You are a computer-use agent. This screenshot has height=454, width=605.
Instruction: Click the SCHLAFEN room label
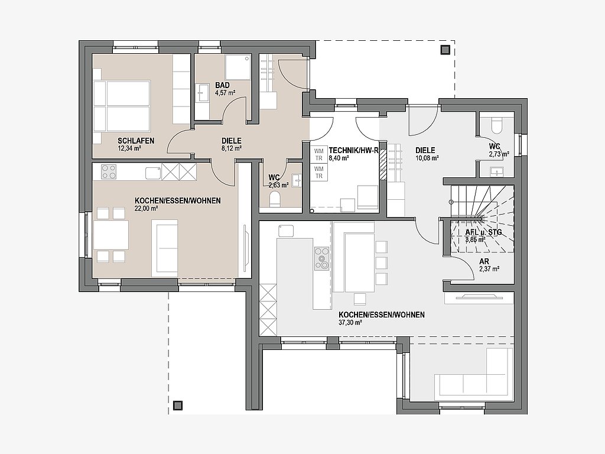136,141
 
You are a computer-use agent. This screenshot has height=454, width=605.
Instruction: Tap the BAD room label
222,85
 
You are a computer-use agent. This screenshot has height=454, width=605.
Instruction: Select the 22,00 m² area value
147,209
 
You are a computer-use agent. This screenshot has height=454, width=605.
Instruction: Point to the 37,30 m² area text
350,323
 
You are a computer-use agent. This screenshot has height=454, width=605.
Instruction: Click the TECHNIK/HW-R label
353,151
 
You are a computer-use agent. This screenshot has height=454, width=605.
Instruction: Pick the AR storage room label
484,262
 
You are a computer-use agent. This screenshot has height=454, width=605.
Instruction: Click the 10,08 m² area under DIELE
428,158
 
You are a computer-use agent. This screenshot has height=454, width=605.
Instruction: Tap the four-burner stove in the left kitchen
109,172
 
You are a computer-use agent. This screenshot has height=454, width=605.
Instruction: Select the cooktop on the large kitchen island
322,258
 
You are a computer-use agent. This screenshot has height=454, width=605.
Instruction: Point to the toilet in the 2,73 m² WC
496,125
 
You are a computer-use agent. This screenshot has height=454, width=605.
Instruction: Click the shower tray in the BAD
238,67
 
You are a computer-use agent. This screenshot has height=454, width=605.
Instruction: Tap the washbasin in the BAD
202,93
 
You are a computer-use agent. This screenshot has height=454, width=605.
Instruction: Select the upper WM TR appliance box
319,154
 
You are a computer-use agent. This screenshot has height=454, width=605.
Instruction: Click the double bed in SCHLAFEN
122,106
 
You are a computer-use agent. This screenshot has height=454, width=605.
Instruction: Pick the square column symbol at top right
445,50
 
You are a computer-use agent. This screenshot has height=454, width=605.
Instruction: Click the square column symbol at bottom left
177,405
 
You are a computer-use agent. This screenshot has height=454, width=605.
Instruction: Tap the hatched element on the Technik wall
383,164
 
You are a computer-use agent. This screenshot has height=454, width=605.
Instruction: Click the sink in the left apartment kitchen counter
153,173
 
